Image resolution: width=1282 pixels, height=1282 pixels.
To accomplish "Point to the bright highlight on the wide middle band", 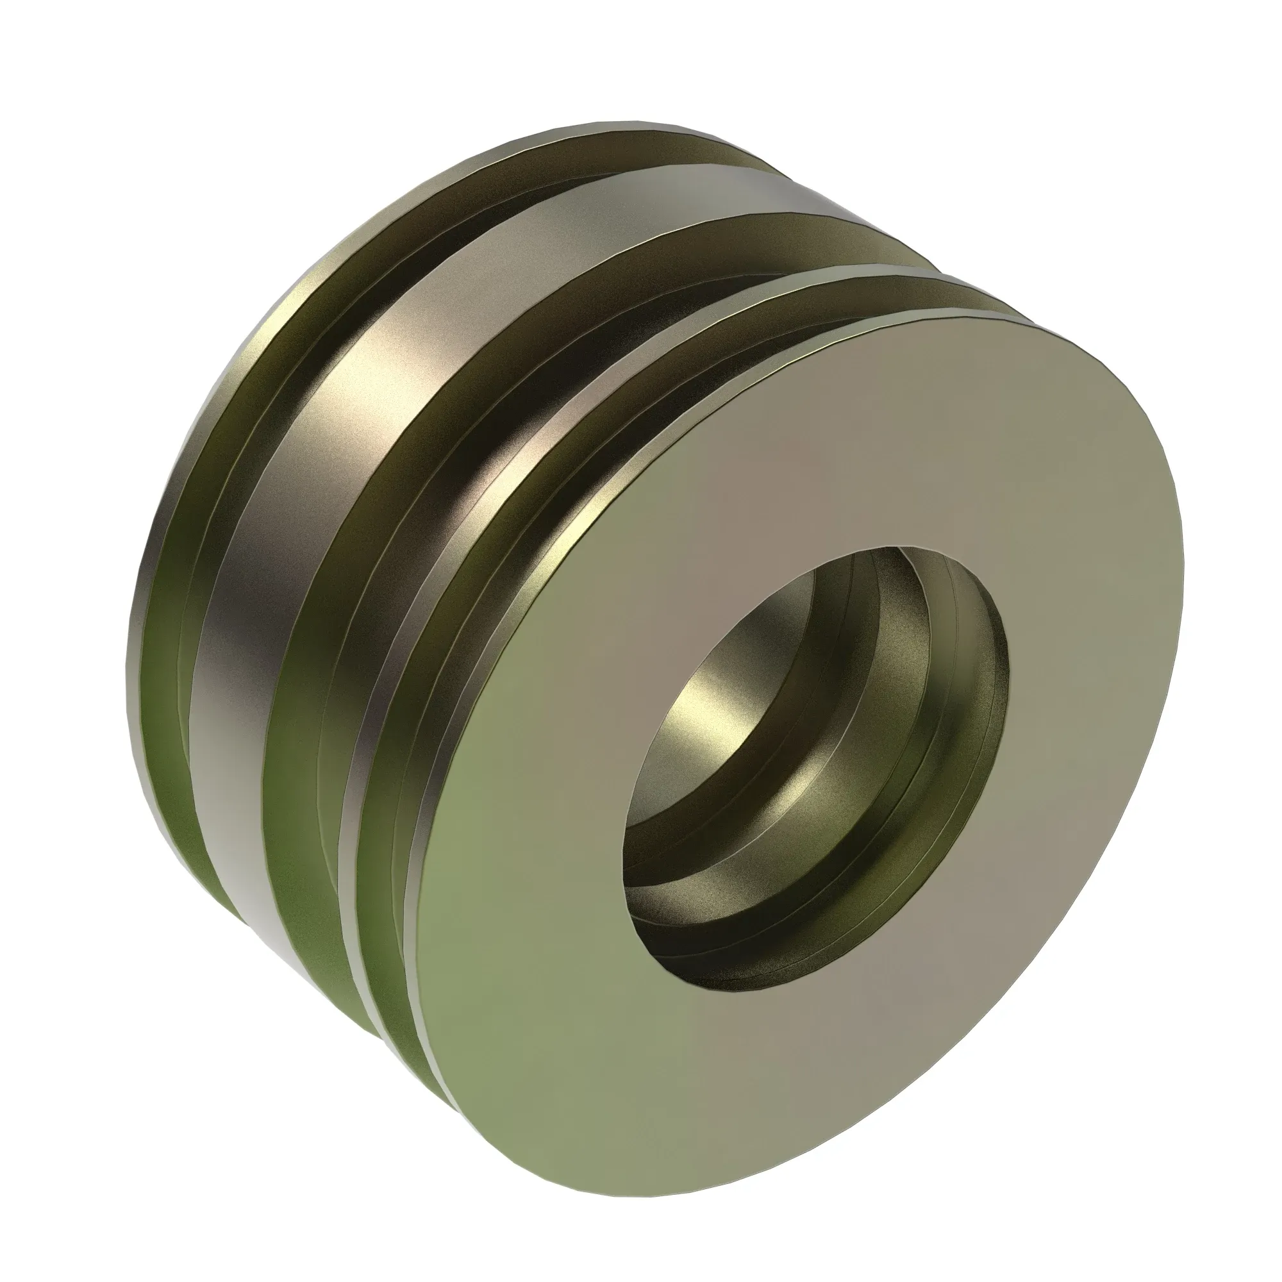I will click(x=372, y=372).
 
